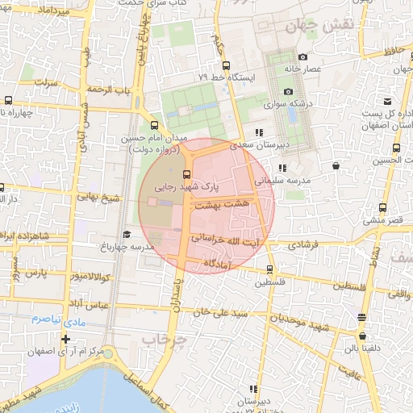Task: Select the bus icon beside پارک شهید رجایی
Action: pos(187,174)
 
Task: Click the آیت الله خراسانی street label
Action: pos(225,240)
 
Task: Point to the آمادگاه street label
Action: pos(218,264)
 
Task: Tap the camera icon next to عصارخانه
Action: pos(302,57)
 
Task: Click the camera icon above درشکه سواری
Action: pos(288,91)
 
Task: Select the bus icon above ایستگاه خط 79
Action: pos(225,65)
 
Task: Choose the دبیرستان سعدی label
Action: pos(259,146)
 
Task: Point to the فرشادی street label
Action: pos(303,244)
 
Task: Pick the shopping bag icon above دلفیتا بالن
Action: pos(362,336)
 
